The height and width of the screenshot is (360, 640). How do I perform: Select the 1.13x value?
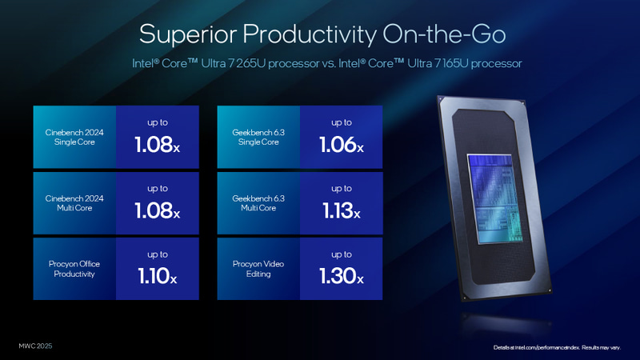click(x=342, y=211)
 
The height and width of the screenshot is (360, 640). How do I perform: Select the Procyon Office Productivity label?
click(x=74, y=269)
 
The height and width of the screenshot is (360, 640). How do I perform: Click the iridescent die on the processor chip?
click(x=497, y=196)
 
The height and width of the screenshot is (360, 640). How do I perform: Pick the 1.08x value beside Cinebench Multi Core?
click(x=158, y=211)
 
